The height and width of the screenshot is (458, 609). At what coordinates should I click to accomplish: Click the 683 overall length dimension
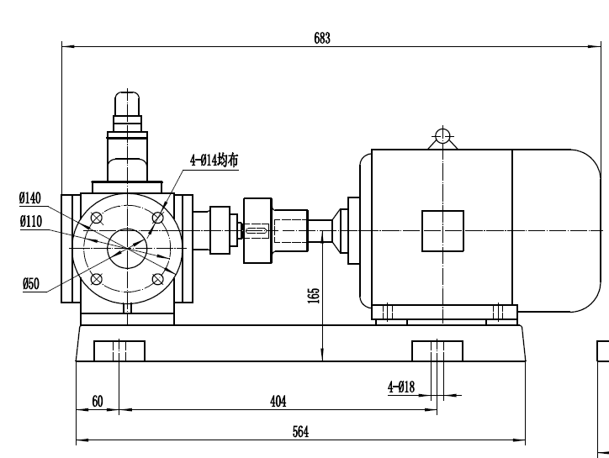tap(322, 38)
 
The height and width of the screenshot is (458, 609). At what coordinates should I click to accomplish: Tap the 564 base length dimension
tap(300, 431)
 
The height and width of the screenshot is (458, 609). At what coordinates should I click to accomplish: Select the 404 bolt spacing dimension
tap(278, 402)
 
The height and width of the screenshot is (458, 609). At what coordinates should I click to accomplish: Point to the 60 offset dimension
tap(98, 402)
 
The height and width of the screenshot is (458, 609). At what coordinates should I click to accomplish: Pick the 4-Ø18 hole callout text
tap(401, 387)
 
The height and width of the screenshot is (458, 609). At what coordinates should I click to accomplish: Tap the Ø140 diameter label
tap(30, 198)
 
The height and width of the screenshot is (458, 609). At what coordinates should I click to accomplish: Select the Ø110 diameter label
tap(30, 222)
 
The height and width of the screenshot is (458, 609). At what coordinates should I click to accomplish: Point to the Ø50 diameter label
tap(30, 284)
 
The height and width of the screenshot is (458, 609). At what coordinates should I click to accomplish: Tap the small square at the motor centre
tap(442, 230)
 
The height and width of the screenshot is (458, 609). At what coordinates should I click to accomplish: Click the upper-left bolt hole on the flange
tap(97, 218)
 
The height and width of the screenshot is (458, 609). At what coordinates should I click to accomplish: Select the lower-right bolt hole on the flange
tap(157, 279)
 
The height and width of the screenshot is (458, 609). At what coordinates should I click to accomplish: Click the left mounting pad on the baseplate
tap(119, 350)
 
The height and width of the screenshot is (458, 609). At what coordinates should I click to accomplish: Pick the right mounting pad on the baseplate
tap(437, 350)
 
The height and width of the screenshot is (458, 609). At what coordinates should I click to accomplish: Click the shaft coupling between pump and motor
tap(257, 229)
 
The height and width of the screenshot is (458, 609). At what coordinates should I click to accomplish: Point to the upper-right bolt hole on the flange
tap(157, 218)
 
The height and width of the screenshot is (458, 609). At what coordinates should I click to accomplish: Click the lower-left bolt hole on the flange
tap(97, 279)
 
